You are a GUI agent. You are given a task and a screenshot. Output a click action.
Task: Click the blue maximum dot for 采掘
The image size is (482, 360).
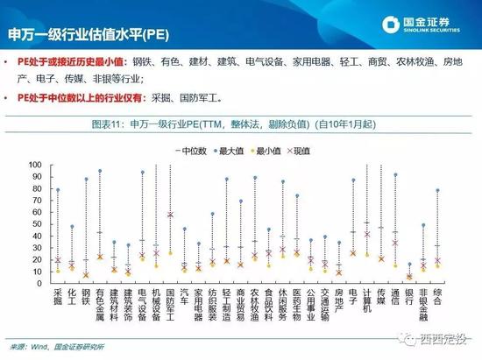pyautogui.click(x=59, y=190)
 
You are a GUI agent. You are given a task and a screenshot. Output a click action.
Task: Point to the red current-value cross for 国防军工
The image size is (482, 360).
pyautogui.click(x=170, y=215)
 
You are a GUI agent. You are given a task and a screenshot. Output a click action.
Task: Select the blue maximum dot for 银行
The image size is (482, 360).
pyautogui.click(x=409, y=264)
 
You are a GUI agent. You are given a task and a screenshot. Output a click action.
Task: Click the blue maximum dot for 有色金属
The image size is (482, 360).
pyautogui.click(x=100, y=171)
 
